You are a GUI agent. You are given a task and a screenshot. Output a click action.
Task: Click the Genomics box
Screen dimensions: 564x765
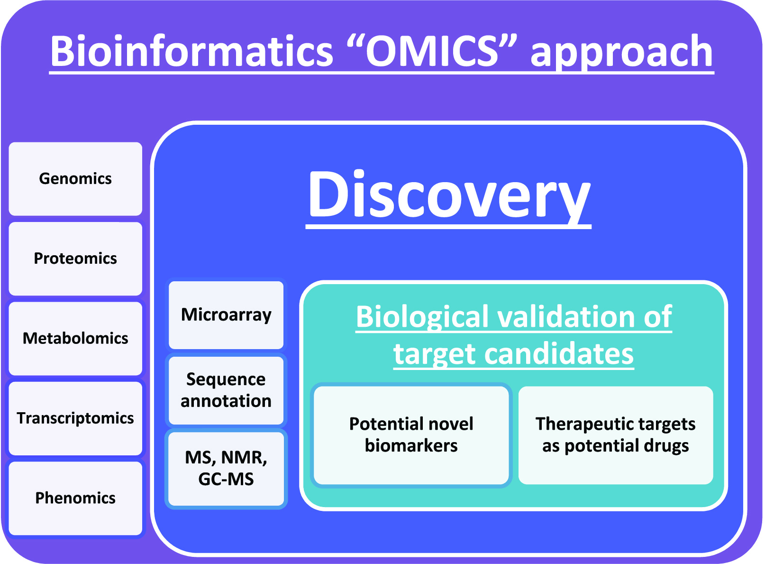point(75,179)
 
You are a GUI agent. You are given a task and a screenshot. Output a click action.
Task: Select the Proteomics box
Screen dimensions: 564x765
point(75,259)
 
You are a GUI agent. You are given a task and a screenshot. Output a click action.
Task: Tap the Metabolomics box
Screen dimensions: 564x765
point(75,338)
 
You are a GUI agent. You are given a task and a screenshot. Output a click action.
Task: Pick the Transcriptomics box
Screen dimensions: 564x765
point(75,418)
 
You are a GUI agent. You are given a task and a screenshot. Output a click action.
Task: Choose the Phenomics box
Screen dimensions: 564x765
point(75,498)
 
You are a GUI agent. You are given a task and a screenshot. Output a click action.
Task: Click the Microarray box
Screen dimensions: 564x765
point(226,315)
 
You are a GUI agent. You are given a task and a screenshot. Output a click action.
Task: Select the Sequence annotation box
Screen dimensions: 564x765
point(226,390)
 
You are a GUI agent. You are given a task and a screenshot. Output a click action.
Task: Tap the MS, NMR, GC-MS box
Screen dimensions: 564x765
point(226,468)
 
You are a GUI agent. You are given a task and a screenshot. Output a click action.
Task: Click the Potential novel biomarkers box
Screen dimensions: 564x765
point(411,435)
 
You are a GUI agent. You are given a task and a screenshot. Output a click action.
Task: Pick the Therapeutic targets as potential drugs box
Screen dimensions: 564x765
point(615,435)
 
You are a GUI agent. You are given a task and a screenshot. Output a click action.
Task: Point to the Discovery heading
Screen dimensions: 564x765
point(448,195)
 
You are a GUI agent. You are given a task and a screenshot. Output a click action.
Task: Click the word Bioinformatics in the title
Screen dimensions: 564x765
point(191,51)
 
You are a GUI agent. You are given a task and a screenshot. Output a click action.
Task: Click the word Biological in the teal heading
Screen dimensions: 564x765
point(422,317)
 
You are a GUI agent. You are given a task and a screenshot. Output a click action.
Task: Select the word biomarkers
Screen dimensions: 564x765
point(411,446)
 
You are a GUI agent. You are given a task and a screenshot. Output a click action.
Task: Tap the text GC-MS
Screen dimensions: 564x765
point(226,479)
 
